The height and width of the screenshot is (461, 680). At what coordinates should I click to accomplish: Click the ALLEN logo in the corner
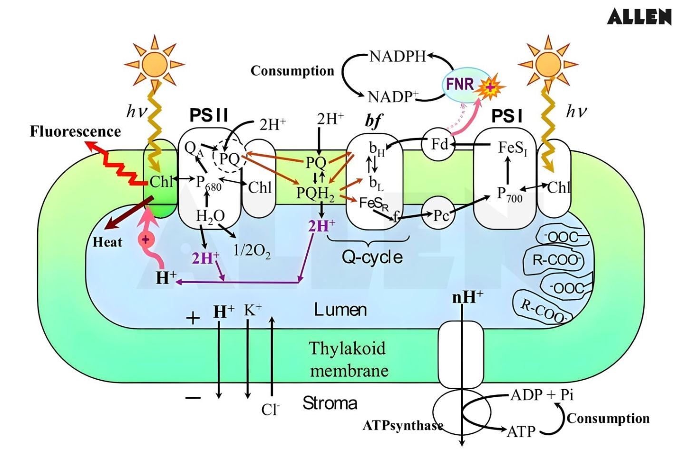pos(639,17)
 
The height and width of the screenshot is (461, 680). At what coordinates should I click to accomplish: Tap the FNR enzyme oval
pos(460,84)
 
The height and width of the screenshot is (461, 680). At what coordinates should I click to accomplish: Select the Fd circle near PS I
pos(438,143)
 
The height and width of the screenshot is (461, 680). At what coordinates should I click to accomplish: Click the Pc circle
pos(440,215)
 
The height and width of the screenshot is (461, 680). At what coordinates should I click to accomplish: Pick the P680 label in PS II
pos(208,183)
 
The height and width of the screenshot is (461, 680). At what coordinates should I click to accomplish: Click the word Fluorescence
pos(75,131)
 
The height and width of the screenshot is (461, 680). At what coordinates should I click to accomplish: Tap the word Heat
pos(107,242)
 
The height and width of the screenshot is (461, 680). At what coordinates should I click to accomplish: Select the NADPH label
pos(398,56)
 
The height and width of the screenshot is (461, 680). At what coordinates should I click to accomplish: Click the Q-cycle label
pos(372,257)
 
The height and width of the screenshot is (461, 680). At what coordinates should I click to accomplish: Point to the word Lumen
pos(340,310)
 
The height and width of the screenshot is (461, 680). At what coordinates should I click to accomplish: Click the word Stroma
pos(330,403)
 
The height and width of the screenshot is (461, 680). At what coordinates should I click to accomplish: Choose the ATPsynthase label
pos(402,425)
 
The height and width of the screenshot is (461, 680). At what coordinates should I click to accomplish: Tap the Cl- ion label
pos(271,409)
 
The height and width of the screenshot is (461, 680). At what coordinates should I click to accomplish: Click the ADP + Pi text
pos(542,395)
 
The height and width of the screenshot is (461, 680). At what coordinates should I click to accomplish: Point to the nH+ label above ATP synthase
pos(467,297)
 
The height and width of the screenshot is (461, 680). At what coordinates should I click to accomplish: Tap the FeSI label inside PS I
pos(512,148)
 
